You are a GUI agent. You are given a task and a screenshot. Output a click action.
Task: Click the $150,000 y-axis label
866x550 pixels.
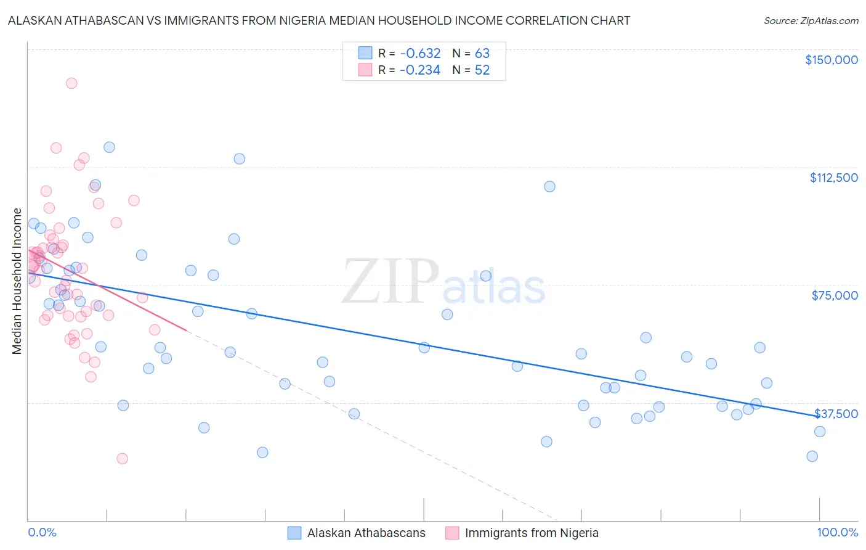[831, 60]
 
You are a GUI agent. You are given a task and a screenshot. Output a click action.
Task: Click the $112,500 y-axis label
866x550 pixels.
[833, 178]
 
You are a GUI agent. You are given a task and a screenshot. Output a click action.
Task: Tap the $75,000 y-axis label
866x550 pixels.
[835, 295]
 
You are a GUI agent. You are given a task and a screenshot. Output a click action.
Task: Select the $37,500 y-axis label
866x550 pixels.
[836, 414]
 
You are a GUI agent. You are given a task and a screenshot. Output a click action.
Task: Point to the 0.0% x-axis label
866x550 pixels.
[42, 532]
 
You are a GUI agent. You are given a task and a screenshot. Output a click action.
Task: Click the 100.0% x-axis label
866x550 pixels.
[837, 532]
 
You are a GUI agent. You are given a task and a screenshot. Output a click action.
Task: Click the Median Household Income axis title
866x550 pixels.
[17, 281]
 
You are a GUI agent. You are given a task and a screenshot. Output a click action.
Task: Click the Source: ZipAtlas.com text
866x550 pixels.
[811, 20]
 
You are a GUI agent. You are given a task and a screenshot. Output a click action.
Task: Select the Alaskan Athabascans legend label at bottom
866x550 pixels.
[366, 533]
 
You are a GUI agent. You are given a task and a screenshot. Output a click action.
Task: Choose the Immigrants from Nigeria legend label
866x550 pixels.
[532, 533]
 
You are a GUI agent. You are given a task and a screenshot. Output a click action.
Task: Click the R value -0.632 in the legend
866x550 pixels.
[420, 54]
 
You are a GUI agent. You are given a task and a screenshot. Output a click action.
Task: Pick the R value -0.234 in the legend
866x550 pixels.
[420, 70]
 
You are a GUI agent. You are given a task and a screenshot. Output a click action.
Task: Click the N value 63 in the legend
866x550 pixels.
[482, 54]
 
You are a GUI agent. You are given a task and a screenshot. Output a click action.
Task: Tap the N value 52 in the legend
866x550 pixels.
[482, 70]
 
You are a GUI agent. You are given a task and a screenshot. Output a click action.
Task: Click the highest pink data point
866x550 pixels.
[71, 83]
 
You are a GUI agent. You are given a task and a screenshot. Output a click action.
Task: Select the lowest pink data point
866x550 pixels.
[122, 458]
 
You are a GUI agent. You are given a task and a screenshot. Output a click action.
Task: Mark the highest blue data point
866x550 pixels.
[109, 147]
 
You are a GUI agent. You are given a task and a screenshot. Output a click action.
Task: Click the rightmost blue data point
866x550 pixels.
[820, 432]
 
